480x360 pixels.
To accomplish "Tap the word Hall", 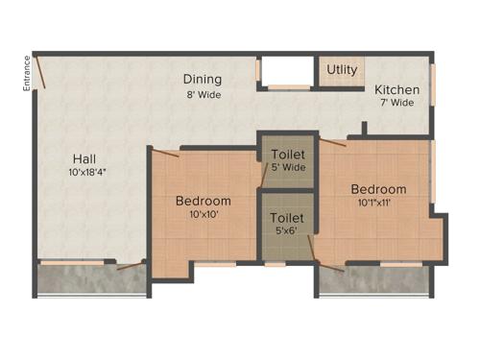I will click(84, 158).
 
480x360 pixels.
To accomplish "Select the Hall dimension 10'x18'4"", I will click(87, 173).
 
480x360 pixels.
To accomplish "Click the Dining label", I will click(204, 80).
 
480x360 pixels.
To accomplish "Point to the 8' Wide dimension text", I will click(204, 95).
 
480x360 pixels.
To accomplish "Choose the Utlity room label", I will click(342, 70).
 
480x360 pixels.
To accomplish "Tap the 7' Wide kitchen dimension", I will click(396, 103).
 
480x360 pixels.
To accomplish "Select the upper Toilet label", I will click(288, 154).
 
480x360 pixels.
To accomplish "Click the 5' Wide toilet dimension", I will click(288, 167).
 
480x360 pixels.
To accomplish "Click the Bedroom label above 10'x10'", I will click(204, 201).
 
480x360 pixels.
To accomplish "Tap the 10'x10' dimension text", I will click(204, 215).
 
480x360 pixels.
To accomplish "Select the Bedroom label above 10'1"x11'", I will click(378, 189).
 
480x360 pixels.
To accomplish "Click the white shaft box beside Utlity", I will click(288, 72).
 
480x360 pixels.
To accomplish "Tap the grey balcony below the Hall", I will click(90, 279).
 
